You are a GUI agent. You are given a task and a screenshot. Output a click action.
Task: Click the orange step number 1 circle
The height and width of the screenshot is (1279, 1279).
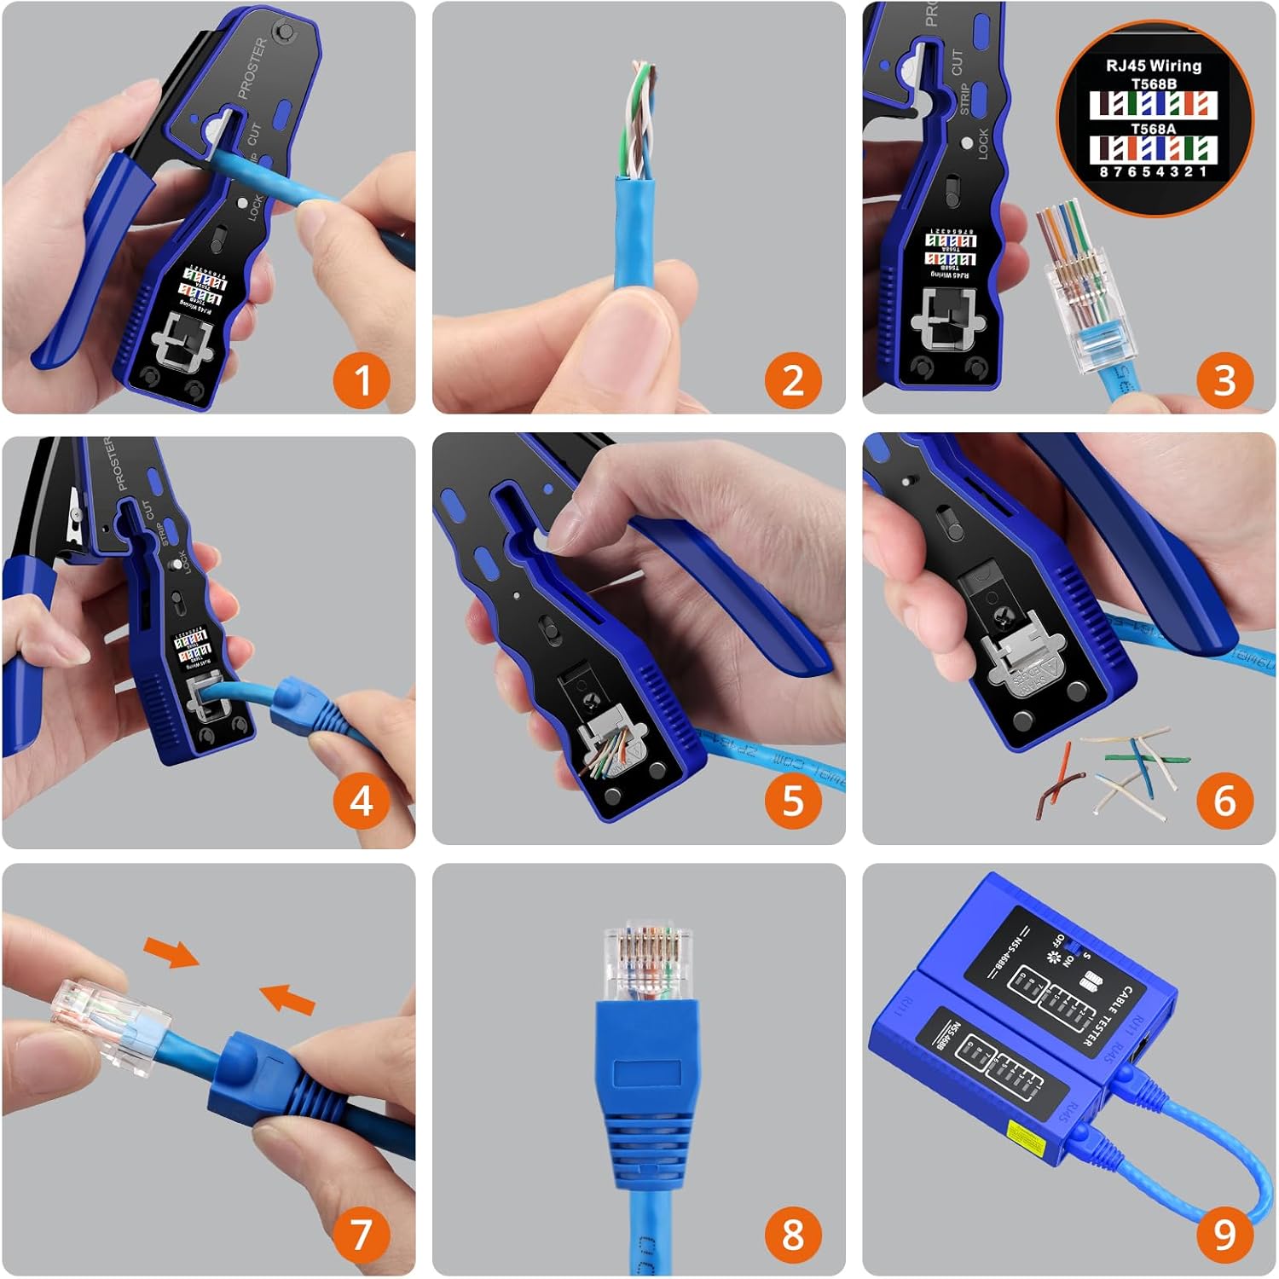click(362, 379)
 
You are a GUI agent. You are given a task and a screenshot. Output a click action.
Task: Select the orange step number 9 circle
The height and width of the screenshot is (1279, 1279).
click(1224, 1234)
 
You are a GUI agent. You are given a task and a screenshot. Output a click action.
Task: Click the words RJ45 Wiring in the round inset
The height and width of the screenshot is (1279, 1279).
click(1153, 66)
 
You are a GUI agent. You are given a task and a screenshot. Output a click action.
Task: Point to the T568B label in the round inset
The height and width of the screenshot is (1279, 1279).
click(1153, 84)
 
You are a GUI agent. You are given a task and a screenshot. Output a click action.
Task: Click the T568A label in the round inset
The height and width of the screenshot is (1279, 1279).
click(1153, 129)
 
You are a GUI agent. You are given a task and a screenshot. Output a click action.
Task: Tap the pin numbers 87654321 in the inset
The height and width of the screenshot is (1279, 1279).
click(1153, 171)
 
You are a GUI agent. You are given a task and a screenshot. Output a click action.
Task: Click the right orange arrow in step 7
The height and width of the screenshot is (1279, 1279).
click(287, 998)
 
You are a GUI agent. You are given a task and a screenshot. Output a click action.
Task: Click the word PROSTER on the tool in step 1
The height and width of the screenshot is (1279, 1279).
click(252, 68)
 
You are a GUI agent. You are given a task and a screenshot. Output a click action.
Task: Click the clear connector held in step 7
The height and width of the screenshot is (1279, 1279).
click(107, 1023)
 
